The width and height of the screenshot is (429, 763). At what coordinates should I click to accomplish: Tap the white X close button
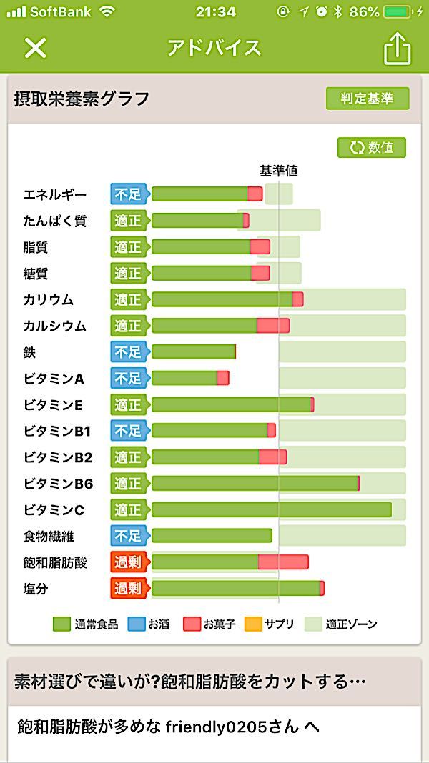pos(35,48)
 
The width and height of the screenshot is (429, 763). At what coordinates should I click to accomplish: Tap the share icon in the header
pos(398,49)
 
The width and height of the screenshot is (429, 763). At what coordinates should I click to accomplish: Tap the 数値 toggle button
pos(372,148)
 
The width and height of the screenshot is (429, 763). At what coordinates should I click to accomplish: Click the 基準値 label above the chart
pos(278,171)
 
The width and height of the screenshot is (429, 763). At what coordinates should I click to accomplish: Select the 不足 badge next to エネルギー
pos(128,194)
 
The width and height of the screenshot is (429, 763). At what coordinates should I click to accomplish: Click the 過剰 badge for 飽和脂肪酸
pos(129,562)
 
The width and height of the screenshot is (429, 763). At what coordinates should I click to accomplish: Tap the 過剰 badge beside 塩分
pos(129,589)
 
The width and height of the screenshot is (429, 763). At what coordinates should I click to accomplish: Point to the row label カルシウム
pos(54,326)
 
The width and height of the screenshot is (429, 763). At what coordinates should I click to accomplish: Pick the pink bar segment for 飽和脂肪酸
pos(283,562)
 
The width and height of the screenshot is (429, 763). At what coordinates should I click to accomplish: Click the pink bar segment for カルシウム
pos(273,326)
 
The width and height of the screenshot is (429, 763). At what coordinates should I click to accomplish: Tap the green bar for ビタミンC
pos(271,509)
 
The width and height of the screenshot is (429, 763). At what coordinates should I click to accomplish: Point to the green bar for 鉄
pos(193,351)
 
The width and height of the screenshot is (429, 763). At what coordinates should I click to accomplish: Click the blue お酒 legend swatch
pos(136,624)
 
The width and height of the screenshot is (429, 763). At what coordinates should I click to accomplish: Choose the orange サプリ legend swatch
pos(253,624)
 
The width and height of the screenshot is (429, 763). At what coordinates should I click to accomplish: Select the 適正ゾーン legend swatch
pos(313,624)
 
